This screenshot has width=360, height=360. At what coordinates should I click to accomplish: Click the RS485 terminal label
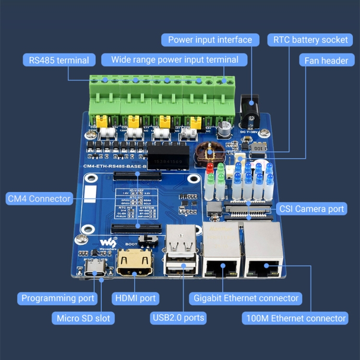[59, 60]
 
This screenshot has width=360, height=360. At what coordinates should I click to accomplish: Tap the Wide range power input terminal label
[175, 60]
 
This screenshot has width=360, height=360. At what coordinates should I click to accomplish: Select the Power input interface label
[210, 39]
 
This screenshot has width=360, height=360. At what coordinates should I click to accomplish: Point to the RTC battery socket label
[311, 39]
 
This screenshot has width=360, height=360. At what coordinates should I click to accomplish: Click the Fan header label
[326, 61]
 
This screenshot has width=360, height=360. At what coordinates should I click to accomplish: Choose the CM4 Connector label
[39, 198]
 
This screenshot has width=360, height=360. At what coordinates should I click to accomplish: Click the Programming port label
[58, 298]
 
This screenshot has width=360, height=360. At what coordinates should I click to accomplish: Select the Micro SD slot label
[83, 318]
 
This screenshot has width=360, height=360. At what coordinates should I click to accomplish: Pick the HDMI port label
[135, 298]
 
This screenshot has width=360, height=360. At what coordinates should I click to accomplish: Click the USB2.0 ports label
[179, 317]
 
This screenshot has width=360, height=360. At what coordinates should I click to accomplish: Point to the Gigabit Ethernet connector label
[246, 298]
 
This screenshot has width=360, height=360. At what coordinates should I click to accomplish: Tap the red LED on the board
[210, 169]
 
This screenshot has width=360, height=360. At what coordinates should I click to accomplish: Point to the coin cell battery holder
[209, 152]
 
